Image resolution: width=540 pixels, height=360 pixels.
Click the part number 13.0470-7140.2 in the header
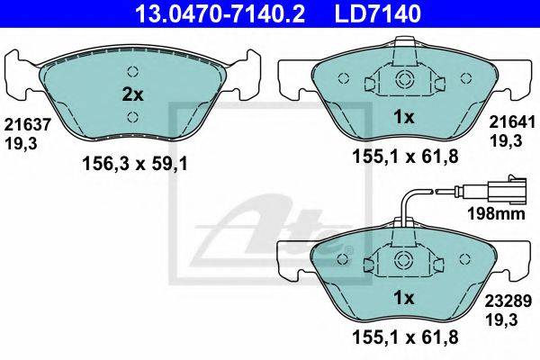pyautogui.click(x=220, y=13)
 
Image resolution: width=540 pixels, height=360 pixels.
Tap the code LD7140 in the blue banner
pyautogui.click(x=378, y=13)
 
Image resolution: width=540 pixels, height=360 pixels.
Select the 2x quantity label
pyautogui.click(x=132, y=94)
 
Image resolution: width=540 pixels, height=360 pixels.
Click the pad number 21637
pyautogui.click(x=28, y=124)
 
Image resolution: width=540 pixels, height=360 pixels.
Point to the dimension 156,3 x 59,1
pyautogui.click(x=135, y=164)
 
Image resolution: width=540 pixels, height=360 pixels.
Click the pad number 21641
pyautogui.click(x=512, y=122)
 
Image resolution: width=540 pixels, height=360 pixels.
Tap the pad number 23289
pyautogui.click(x=508, y=301)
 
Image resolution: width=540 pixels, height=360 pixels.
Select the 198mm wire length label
pyautogui.click(x=496, y=213)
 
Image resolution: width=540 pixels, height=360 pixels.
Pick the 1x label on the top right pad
pyautogui.click(x=404, y=118)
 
